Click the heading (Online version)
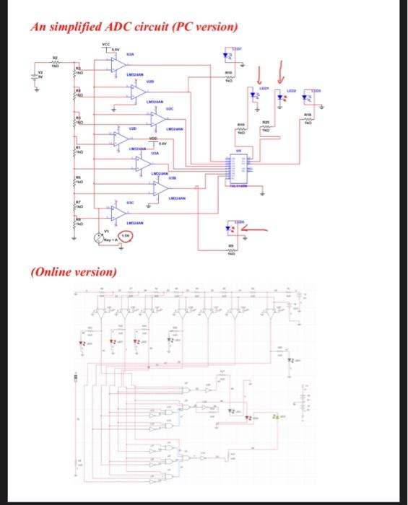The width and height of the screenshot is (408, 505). (x=73, y=272)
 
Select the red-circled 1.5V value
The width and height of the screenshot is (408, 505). (x=124, y=236)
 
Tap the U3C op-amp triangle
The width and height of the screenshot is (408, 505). (x=117, y=213)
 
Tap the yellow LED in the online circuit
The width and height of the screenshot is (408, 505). (x=274, y=417)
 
